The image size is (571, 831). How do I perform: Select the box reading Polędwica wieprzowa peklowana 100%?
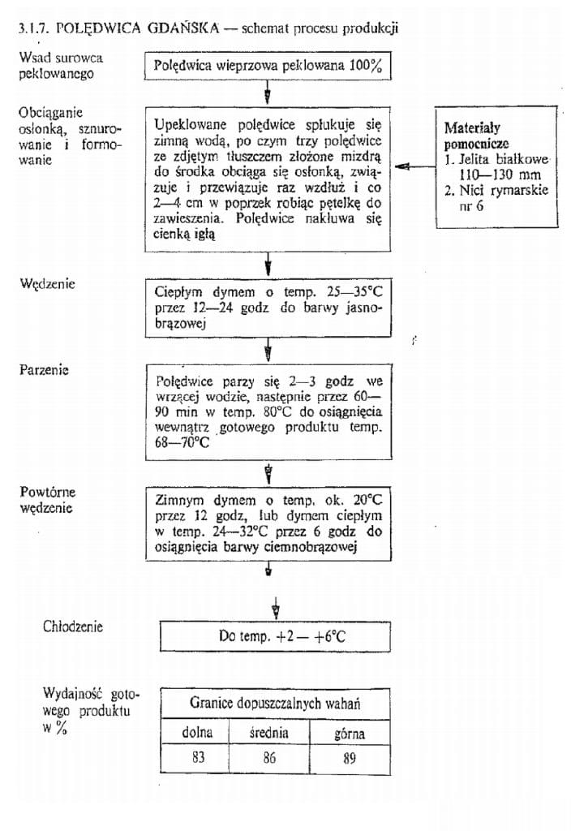(x=267, y=67)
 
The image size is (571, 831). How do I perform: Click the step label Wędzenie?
(x=47, y=284)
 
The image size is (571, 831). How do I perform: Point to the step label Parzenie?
(x=44, y=369)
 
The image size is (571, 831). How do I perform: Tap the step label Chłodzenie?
(x=73, y=626)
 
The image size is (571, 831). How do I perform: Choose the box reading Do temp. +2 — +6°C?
(x=281, y=636)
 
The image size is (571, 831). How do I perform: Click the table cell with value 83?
(x=194, y=759)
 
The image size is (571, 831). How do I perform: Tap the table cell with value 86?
(x=270, y=759)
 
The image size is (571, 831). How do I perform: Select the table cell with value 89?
(x=350, y=759)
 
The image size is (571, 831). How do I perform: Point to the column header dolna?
(x=195, y=733)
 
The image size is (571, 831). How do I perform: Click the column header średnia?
(x=270, y=733)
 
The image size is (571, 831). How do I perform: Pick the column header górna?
(x=350, y=734)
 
